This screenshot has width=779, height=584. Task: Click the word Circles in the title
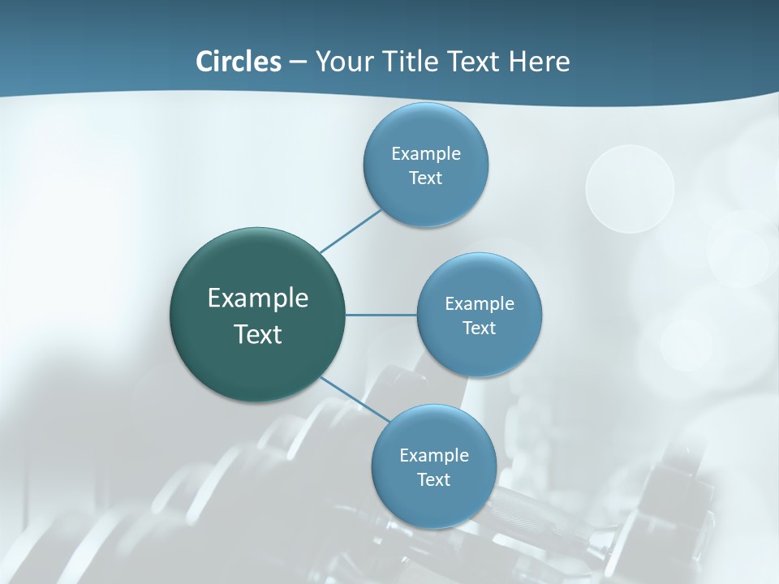[238, 62]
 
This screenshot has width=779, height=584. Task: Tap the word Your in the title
[342, 62]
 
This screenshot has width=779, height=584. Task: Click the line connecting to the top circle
[351, 231]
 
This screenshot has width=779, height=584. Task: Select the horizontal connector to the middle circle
[381, 315]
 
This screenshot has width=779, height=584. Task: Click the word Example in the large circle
[258, 298]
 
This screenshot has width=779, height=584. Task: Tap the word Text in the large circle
[258, 334]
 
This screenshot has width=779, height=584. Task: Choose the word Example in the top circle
[426, 153]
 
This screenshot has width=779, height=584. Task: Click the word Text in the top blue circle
[426, 178]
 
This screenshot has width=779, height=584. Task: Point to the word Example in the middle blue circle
[480, 304]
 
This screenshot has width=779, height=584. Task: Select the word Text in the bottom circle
[433, 480]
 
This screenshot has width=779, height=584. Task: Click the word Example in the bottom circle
[433, 455]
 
